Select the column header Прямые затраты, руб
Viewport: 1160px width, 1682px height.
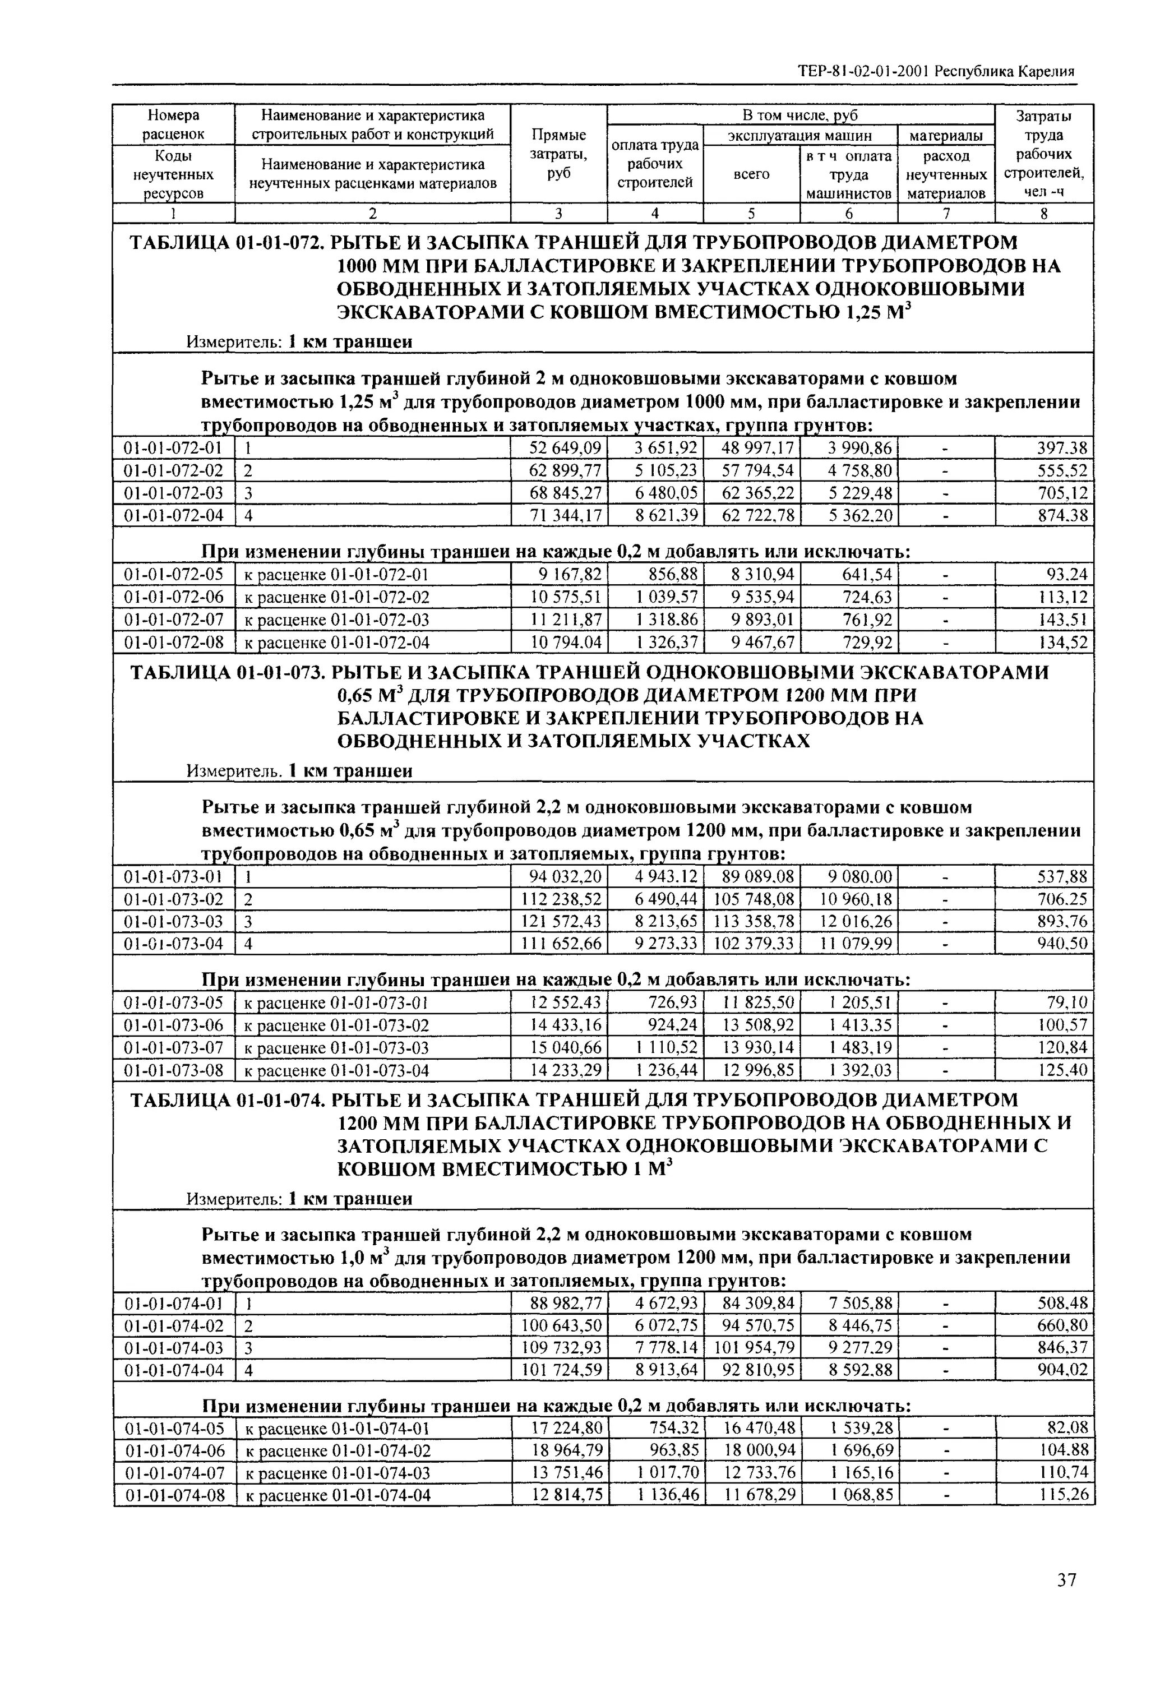[558, 154]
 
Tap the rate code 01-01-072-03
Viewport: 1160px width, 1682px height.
[174, 493]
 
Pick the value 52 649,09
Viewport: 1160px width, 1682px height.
[566, 449]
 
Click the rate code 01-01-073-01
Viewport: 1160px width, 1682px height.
[174, 877]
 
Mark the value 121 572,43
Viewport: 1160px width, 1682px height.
[562, 922]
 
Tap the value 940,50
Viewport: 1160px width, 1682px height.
[1062, 944]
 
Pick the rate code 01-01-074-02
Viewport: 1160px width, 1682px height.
[174, 1326]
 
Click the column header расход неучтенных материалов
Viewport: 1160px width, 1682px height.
[946, 175]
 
